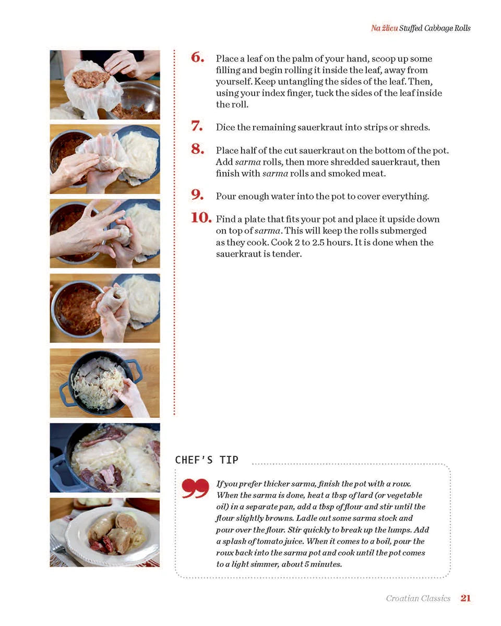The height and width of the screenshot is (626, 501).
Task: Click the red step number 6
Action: click(197, 58)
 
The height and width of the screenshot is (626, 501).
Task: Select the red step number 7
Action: click(197, 126)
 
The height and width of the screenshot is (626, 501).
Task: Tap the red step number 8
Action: click(197, 150)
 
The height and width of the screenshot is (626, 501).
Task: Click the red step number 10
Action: click(201, 218)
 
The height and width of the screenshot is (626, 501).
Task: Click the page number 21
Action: click(466, 598)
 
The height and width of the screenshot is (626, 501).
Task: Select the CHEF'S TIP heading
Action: click(207, 460)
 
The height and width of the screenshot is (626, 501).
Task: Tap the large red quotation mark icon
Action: click(195, 489)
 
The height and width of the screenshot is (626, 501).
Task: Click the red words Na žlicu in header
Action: click(384, 28)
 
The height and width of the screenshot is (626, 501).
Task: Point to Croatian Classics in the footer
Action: click(418, 598)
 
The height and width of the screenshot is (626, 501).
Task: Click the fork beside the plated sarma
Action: click(57, 547)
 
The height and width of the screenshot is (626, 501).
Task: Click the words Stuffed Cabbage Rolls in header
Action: click(435, 28)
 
